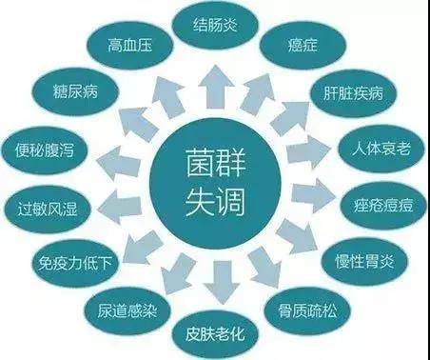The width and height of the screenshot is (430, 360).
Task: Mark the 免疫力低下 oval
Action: click(69, 259)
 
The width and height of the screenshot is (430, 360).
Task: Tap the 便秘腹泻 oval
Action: click(52, 150)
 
